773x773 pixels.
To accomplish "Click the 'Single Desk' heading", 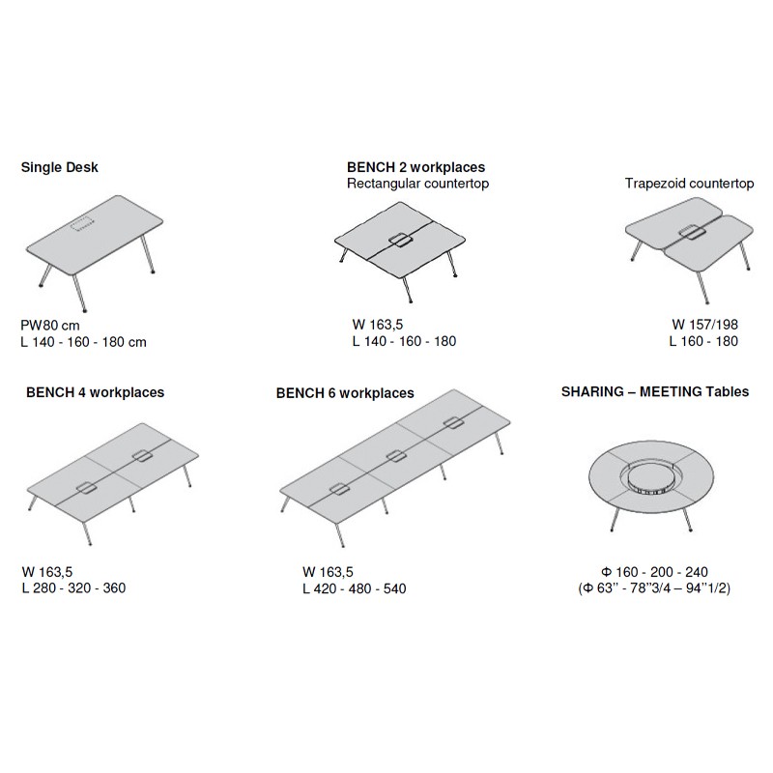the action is (59, 167).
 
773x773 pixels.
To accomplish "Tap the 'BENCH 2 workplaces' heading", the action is (416, 167).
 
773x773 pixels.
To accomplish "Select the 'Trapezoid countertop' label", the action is (689, 184).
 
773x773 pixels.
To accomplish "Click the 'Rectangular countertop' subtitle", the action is (418, 184).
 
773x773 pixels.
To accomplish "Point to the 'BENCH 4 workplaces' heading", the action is (95, 392).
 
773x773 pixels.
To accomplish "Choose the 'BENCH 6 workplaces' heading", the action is (345, 393).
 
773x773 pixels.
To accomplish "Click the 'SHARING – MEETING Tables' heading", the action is (655, 392).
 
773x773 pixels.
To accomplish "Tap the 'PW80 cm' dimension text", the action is (50, 326).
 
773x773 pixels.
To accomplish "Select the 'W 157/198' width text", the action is (705, 325).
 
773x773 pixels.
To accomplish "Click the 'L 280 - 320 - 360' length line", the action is (74, 588).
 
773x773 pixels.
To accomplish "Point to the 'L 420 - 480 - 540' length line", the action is (355, 588).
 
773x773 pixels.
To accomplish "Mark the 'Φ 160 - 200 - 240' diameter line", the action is (655, 572).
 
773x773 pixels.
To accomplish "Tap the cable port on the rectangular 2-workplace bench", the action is (400, 240).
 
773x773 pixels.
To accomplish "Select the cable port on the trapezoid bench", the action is (691, 232).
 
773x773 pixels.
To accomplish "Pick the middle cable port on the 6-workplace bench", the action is (396, 456).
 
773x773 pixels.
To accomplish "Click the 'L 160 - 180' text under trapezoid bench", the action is (703, 341).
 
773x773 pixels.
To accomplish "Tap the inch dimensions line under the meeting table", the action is (654, 587).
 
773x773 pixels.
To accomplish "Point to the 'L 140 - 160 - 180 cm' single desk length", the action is (83, 342).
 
